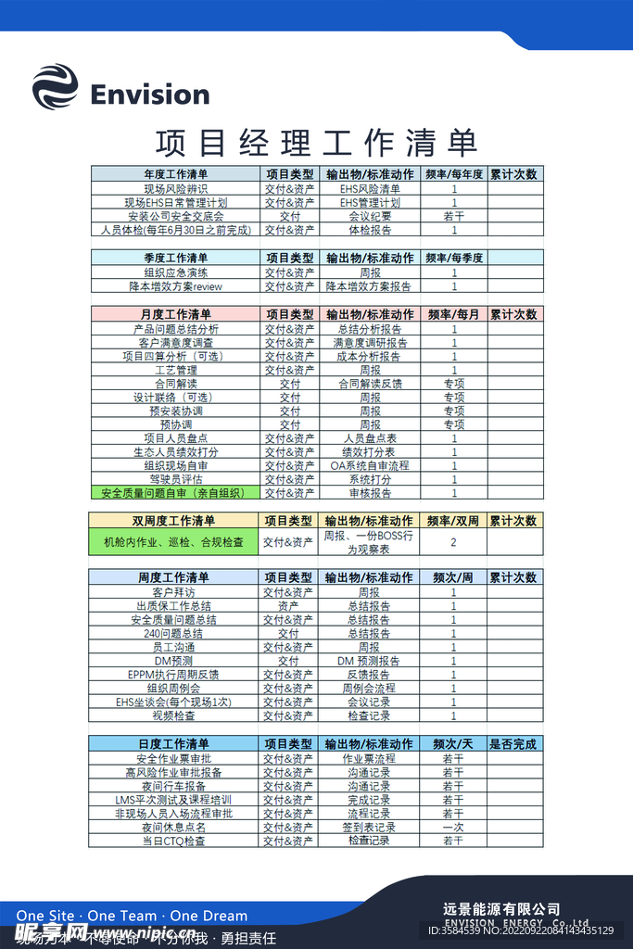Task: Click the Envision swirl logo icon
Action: point(55,87)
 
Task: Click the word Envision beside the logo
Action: point(150,95)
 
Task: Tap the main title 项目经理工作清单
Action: point(316,143)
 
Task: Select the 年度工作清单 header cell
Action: point(176,173)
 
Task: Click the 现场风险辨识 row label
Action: point(176,188)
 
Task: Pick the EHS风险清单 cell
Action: point(370,188)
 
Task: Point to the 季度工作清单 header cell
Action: point(176,258)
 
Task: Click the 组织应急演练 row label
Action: point(176,272)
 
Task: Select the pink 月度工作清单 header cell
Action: point(176,314)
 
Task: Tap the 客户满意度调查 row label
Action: point(176,342)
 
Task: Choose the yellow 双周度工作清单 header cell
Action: point(174,521)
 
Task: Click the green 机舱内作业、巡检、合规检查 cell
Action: point(174,542)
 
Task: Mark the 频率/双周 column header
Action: point(453,521)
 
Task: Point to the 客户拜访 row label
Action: point(174,592)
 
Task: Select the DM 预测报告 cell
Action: point(369,661)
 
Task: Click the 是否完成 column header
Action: point(513,744)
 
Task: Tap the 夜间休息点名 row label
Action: point(174,827)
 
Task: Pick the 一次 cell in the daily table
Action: point(453,827)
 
